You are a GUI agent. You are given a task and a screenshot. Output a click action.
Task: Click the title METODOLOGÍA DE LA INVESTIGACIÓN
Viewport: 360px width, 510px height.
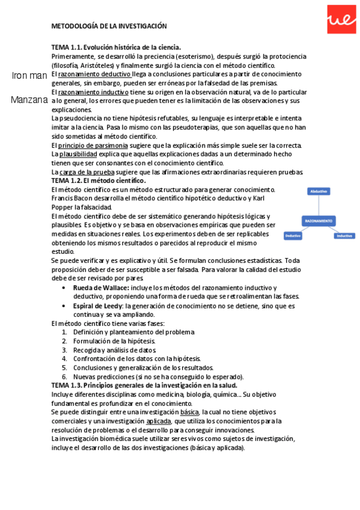point(109,26)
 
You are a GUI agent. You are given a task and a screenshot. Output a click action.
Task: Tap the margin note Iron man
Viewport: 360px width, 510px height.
point(29,75)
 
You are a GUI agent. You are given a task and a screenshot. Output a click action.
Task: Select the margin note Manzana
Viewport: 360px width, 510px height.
point(29,100)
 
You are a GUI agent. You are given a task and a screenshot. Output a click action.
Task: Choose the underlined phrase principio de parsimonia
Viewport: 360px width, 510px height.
point(93,146)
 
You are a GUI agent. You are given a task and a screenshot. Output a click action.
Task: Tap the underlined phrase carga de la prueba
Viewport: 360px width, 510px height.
point(86,172)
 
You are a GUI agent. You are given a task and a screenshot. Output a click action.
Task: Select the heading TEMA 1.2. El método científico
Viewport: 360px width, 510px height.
point(99,180)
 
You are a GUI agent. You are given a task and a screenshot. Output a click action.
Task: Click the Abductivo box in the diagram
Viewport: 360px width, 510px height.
point(318,191)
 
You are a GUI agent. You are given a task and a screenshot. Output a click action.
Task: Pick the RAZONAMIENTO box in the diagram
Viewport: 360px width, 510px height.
point(319,221)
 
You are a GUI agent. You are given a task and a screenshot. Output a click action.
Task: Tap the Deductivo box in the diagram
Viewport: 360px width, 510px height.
point(293,236)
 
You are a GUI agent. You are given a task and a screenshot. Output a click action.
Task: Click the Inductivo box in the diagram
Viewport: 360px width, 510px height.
point(344,236)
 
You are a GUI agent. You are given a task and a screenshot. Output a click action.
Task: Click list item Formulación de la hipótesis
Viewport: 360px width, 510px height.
point(114,341)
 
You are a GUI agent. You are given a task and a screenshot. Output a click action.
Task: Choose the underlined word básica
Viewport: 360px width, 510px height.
point(189,412)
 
